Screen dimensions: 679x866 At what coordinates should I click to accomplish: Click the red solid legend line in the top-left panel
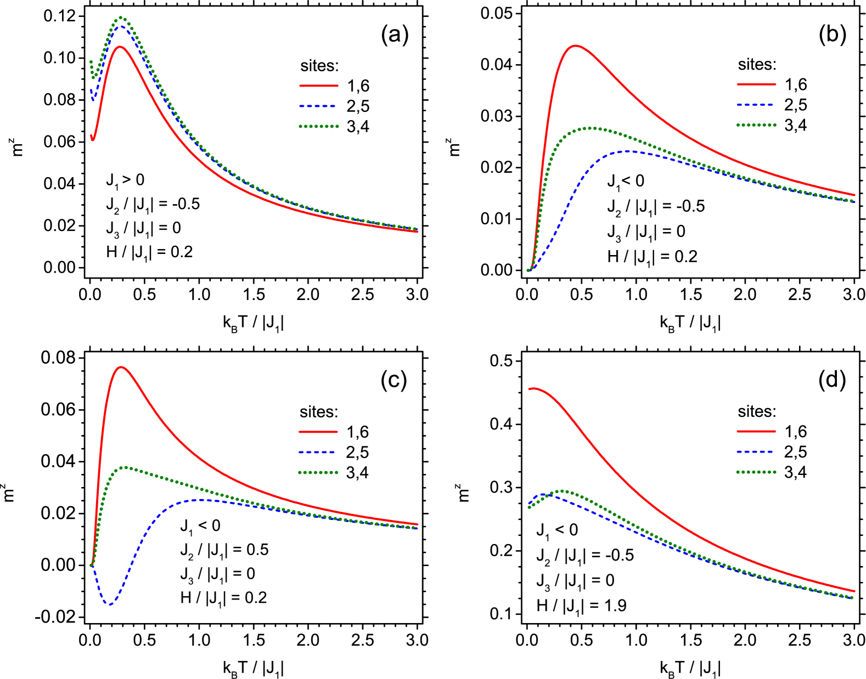tap(318, 86)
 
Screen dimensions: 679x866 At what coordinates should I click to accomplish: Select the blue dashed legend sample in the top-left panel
tap(318, 106)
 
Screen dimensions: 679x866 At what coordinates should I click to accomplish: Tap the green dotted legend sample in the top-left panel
tap(318, 126)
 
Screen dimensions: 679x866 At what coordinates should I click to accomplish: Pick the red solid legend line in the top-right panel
tap(756, 84)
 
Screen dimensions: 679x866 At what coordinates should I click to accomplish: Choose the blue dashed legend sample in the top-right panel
tap(756, 105)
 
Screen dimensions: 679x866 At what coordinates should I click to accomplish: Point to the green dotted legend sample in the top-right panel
tap(756, 125)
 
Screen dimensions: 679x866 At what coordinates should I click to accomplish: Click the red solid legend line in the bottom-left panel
tap(318, 432)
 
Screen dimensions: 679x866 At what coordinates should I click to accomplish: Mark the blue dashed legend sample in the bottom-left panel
tap(318, 452)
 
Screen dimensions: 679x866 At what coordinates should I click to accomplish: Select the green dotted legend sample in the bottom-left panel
tap(318, 472)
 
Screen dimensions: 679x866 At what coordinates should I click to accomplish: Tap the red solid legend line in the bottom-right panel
tap(756, 432)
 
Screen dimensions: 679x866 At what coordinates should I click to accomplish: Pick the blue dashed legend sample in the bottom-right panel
tap(756, 452)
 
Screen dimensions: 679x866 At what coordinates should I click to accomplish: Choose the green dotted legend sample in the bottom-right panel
tap(756, 472)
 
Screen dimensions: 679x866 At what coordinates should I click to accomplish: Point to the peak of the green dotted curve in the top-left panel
tap(121, 18)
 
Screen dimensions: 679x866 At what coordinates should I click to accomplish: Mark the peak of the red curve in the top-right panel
tap(575, 46)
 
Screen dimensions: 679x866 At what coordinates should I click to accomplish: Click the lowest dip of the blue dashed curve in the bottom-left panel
tap(110, 604)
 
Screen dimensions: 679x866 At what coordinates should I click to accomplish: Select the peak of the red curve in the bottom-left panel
tap(121, 367)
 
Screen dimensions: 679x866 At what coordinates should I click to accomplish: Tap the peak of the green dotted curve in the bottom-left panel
tap(126, 467)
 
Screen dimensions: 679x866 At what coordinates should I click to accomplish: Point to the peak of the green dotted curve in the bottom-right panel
tap(562, 491)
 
